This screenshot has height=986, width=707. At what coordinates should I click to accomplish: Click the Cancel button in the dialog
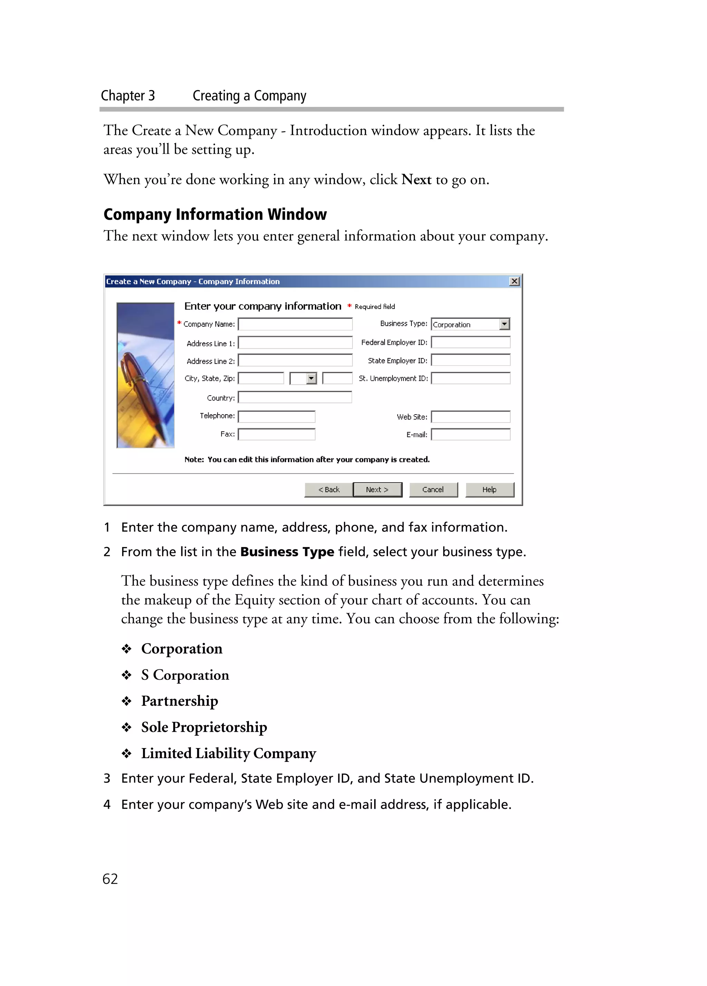click(433, 489)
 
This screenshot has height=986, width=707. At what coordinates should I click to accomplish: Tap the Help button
click(490, 489)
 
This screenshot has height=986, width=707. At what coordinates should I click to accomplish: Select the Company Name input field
click(295, 324)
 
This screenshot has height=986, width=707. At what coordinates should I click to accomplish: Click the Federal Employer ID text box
click(470, 342)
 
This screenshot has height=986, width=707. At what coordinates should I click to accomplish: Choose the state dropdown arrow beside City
click(311, 379)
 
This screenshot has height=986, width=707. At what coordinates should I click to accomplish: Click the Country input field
click(295, 397)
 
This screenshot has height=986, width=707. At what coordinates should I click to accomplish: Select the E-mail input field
click(470, 434)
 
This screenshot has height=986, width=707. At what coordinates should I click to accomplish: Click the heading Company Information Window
click(215, 214)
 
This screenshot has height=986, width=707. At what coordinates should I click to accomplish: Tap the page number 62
click(110, 879)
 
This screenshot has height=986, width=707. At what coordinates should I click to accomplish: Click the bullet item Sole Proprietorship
click(204, 727)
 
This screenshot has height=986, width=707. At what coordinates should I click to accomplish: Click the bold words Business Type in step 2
click(287, 552)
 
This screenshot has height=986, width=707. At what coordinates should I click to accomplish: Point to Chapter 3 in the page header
click(128, 96)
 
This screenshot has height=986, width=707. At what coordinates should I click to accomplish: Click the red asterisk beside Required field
click(349, 306)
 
